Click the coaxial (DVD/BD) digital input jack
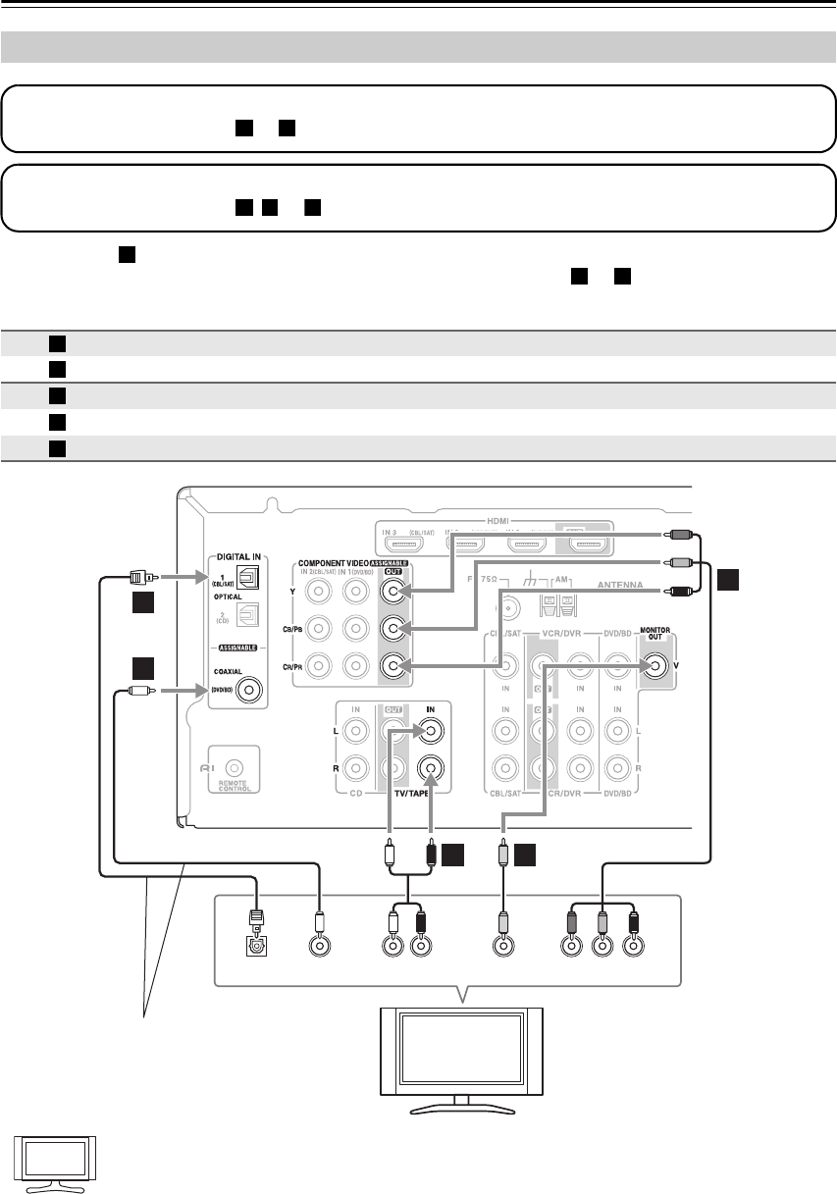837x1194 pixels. (254, 691)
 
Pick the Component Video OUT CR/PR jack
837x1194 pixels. (393, 667)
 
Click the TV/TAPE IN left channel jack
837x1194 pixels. (430, 730)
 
